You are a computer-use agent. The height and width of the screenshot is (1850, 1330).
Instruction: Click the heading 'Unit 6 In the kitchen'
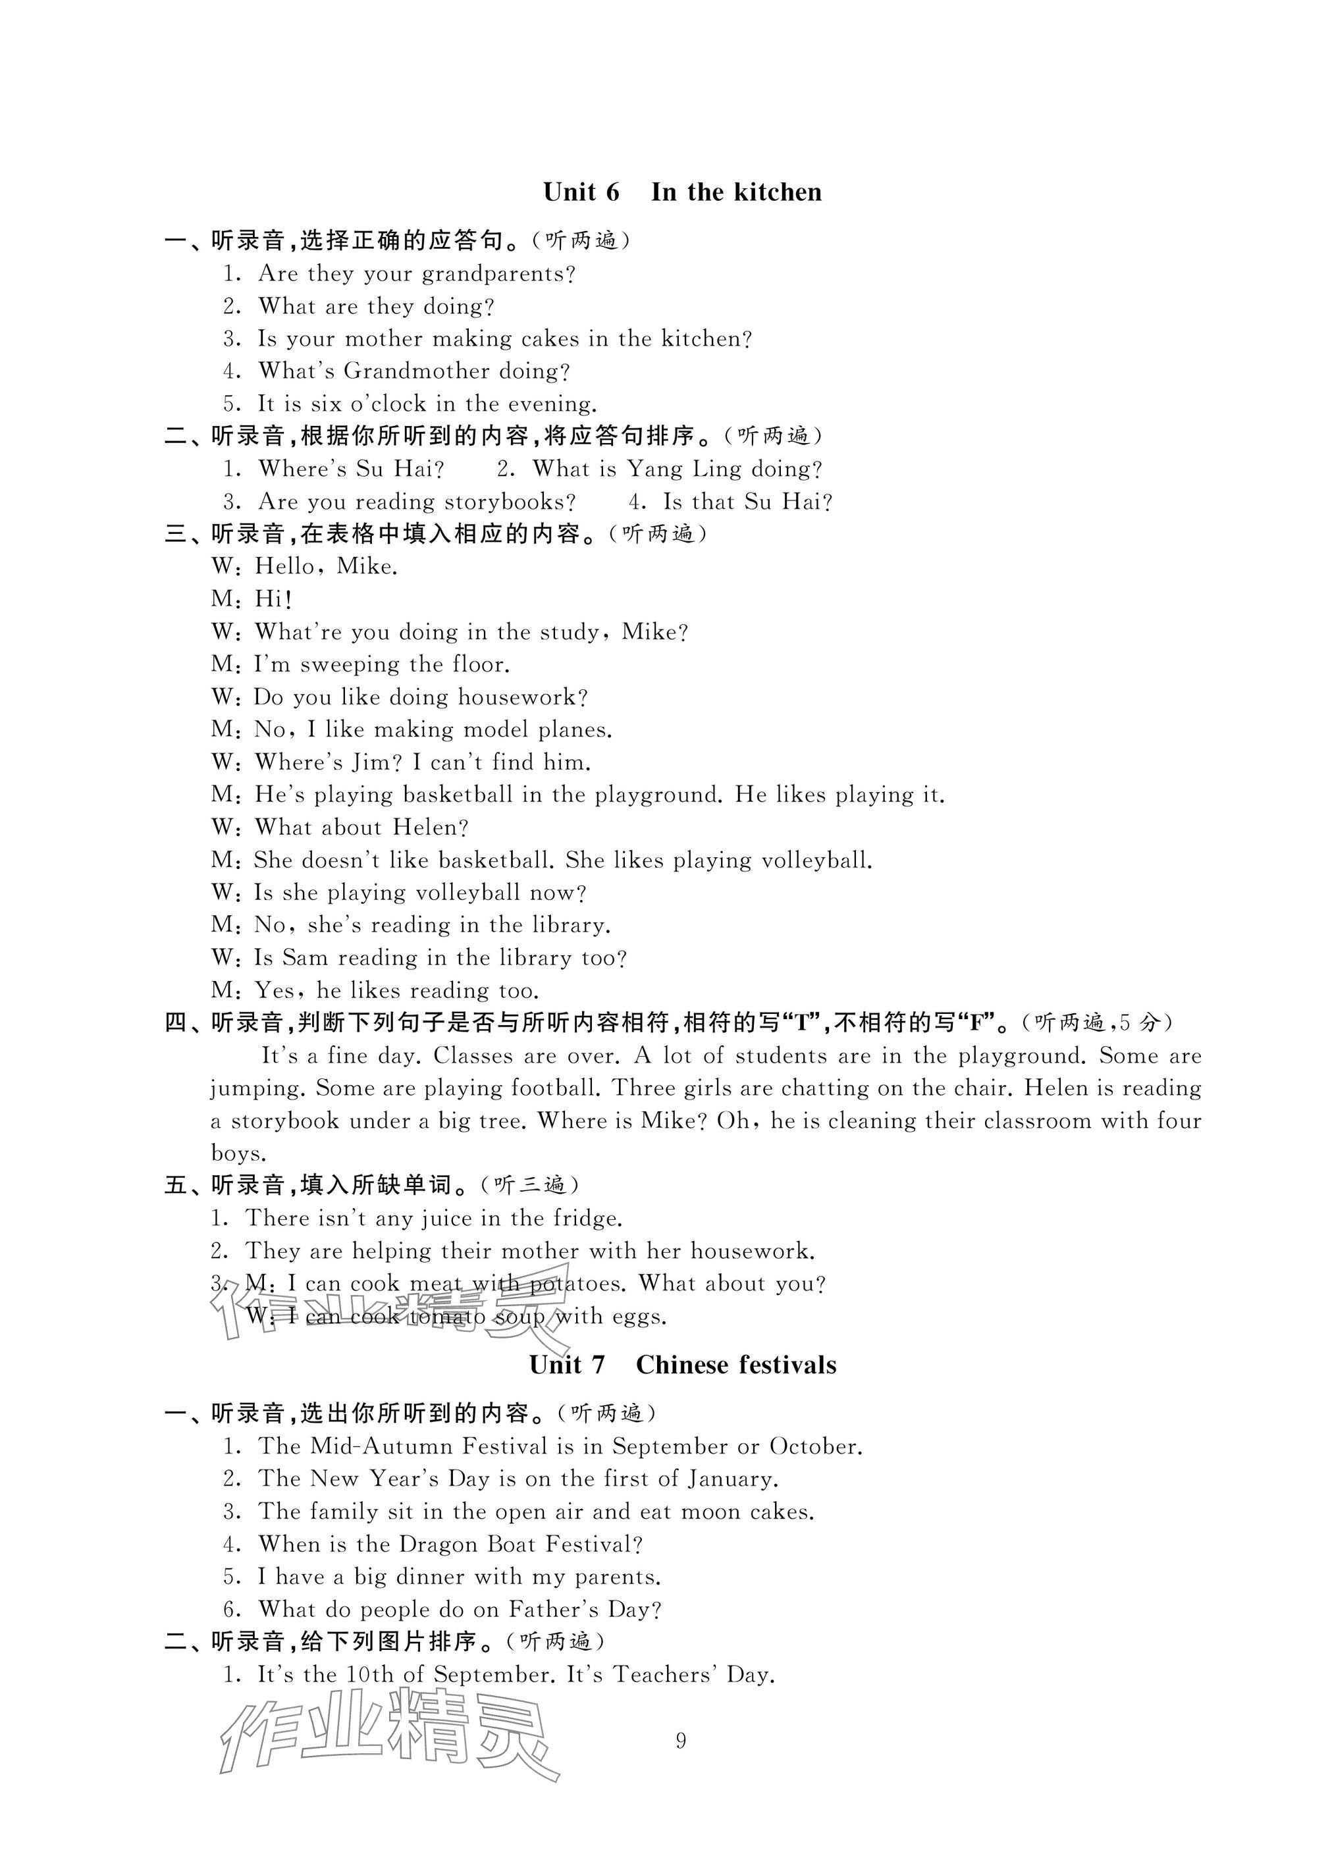682,192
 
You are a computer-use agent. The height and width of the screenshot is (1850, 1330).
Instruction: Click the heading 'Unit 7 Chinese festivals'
682,1365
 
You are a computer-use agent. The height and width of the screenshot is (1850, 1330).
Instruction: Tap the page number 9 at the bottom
681,1741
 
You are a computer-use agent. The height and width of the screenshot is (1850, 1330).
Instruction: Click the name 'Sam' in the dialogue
304,958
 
